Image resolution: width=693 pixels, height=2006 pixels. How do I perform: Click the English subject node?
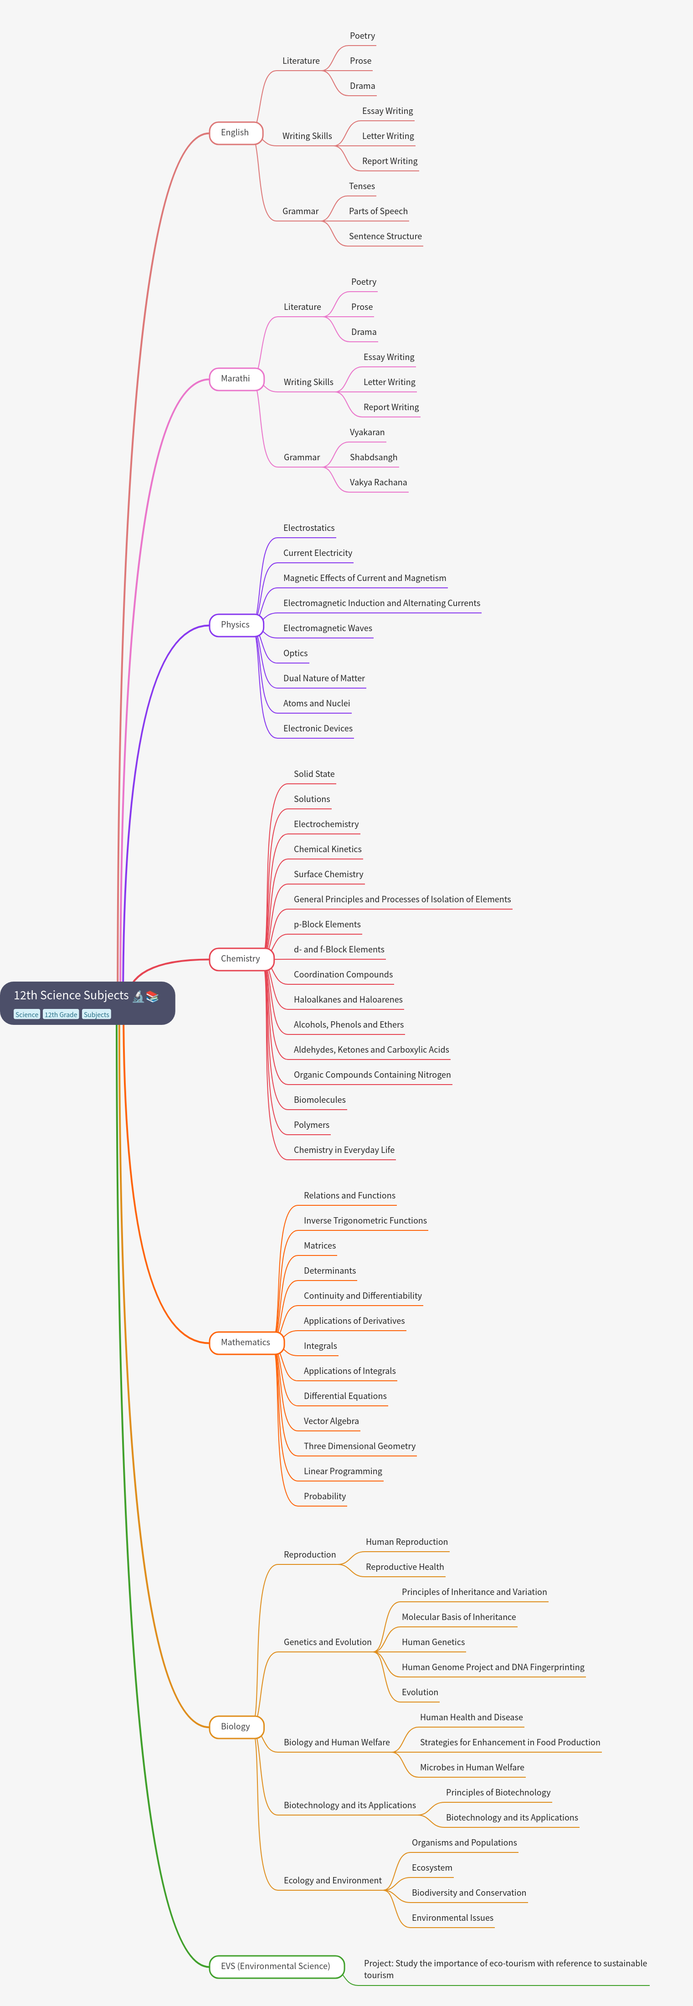[235, 133]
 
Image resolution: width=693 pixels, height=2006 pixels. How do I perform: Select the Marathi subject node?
[236, 379]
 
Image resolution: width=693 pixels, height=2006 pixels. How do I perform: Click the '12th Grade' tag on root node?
[61, 1015]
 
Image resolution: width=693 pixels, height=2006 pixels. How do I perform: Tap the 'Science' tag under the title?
[26, 1015]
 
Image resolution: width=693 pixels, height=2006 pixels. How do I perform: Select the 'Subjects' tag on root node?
[97, 1015]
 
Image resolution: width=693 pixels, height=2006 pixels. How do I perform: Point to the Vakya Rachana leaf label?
[379, 482]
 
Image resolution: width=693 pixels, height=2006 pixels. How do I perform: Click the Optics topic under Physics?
[296, 653]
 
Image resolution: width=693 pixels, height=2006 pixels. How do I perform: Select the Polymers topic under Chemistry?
[312, 1125]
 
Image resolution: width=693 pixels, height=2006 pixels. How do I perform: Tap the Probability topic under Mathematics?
[325, 1496]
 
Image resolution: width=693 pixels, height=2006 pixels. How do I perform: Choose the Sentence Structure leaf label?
[385, 236]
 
